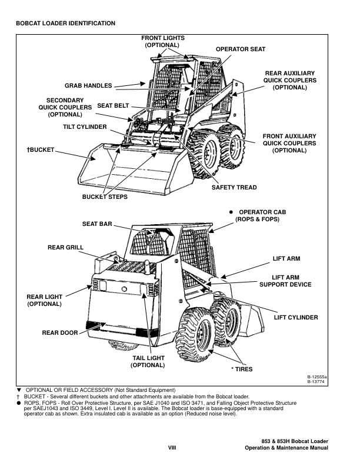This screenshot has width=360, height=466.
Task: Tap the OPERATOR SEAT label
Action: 241,49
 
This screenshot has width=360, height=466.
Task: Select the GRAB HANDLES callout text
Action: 88,86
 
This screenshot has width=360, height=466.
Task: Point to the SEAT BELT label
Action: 113,105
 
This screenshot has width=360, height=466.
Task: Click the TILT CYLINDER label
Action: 85,127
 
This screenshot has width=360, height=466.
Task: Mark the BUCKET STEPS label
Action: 105,197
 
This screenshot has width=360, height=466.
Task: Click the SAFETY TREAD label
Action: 234,188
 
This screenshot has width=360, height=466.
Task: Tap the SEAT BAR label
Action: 96,224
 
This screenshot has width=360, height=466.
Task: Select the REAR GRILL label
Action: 65,247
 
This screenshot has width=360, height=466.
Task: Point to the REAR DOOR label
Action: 60,333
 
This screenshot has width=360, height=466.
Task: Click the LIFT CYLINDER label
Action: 296,318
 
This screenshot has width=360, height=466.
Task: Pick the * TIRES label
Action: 241,368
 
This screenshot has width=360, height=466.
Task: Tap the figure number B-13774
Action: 317,382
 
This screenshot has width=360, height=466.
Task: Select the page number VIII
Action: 172,448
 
